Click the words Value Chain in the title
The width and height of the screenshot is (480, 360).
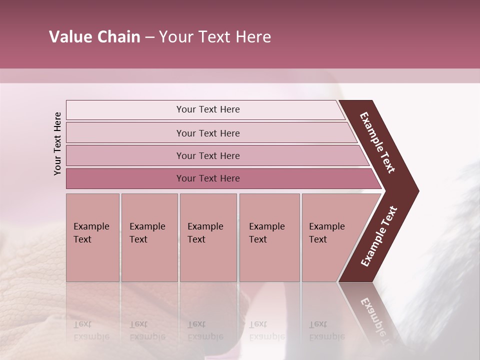[94, 37]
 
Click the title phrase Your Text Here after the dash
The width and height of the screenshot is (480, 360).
[215, 37]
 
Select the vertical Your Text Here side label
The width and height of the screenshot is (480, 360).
[57, 143]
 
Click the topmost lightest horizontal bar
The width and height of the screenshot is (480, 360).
[208, 109]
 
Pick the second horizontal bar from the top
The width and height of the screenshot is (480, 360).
[208, 133]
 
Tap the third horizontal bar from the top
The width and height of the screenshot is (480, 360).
[208, 155]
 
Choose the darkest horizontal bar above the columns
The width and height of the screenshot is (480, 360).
[208, 178]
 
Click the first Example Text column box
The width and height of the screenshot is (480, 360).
[92, 237]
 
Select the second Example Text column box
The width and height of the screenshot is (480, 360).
[149, 237]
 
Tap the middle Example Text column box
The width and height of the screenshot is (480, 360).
[208, 237]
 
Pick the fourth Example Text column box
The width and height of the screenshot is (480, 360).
[269, 237]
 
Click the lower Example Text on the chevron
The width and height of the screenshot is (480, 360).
[379, 236]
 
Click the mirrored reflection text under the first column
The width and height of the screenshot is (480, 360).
[91, 330]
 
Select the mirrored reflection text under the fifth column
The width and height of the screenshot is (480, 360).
[326, 330]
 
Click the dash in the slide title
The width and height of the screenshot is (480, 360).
[149, 37]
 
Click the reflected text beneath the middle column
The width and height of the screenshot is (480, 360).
[205, 330]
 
